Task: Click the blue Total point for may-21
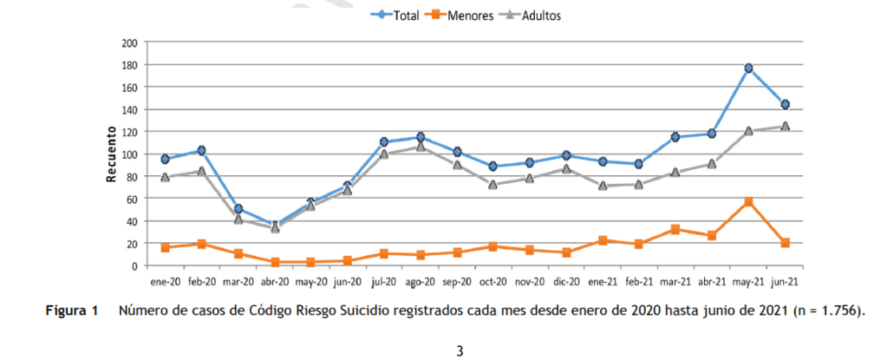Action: click(748, 68)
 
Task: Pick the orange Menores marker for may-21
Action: click(748, 202)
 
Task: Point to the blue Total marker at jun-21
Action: click(785, 104)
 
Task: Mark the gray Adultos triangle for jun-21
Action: click(785, 127)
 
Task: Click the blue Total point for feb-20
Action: click(201, 150)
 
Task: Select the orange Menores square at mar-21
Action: click(675, 230)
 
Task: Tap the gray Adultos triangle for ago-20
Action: click(420, 147)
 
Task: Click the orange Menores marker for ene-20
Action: click(165, 247)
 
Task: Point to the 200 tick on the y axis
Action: click(130, 43)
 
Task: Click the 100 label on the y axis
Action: click(130, 154)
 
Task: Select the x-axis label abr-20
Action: click(274, 281)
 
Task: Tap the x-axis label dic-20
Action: click(565, 281)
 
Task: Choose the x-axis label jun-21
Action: click(785, 281)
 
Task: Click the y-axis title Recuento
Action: click(111, 154)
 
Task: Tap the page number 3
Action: click(460, 350)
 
